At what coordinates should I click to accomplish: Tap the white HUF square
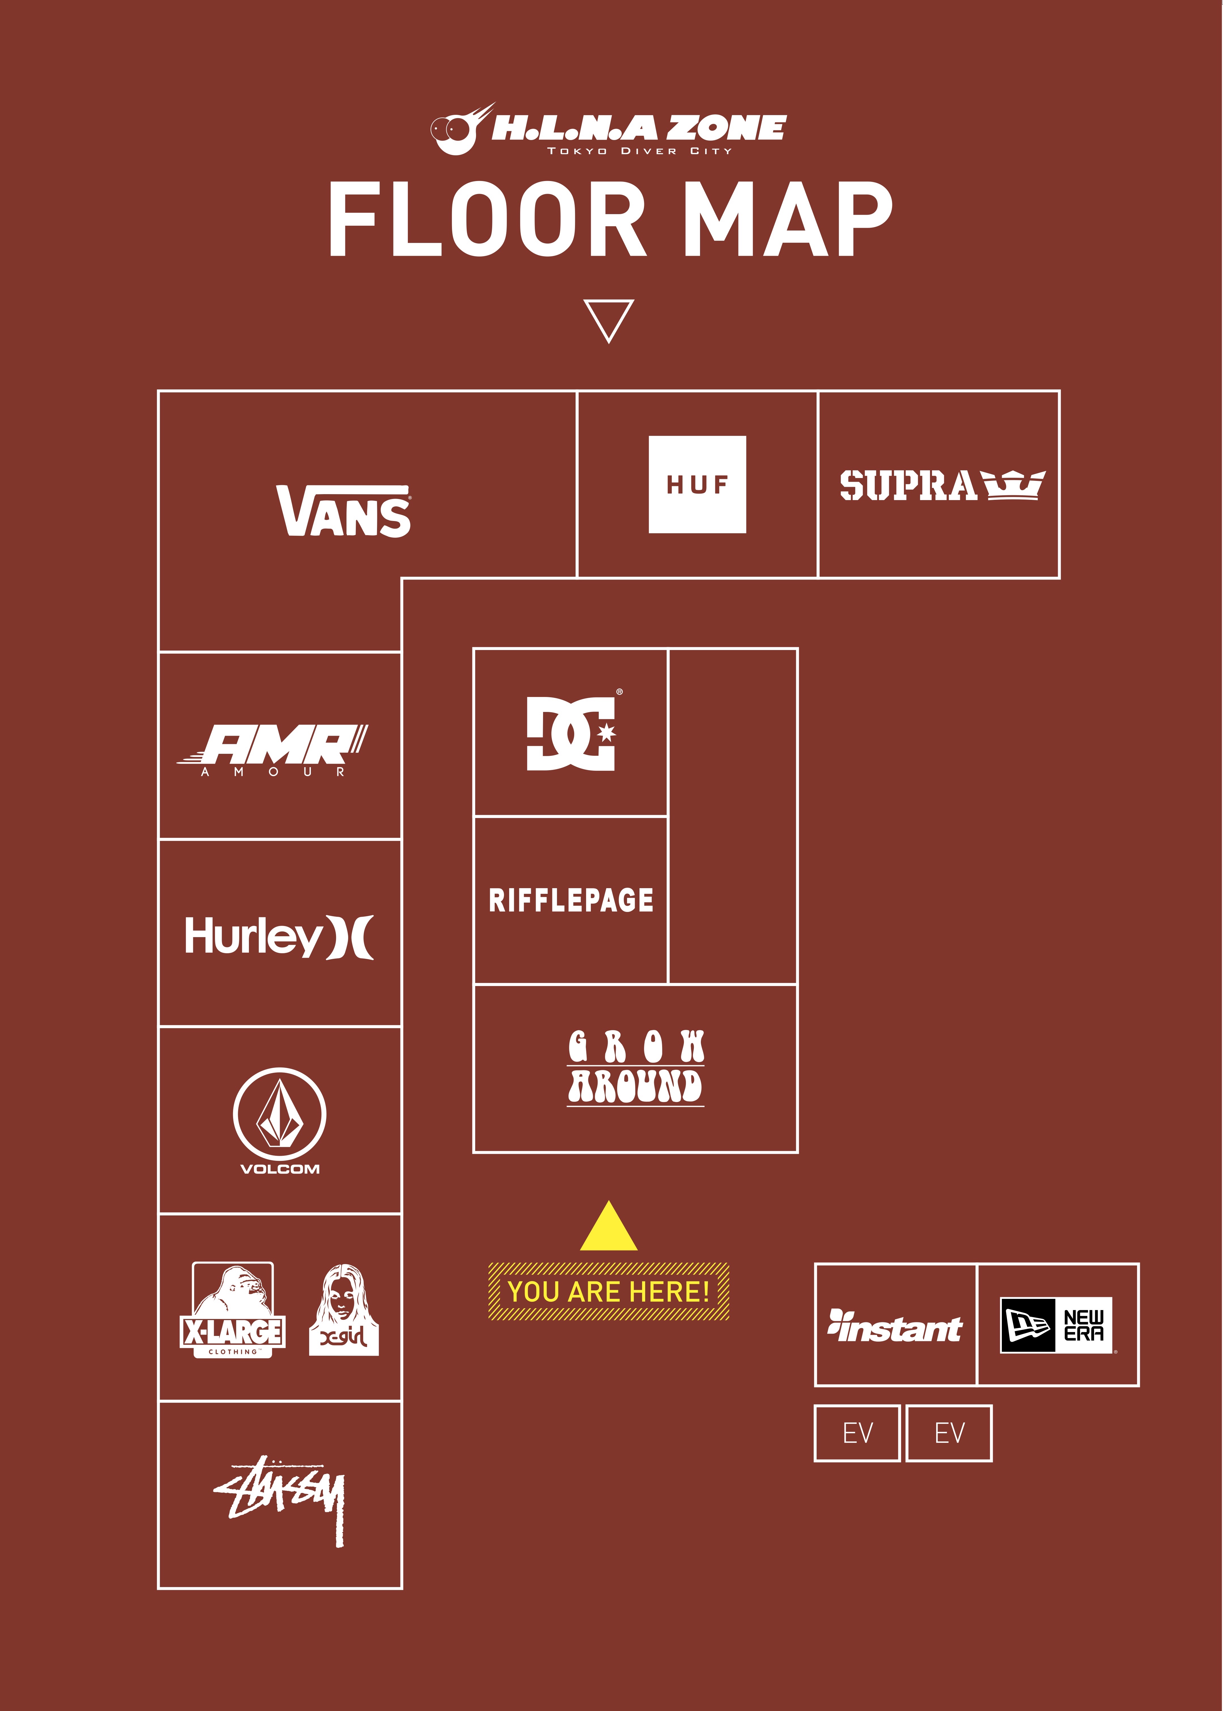[697, 484]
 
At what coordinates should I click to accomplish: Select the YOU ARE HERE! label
[608, 1292]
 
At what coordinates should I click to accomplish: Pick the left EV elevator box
[857, 1433]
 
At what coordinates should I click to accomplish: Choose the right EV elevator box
[949, 1433]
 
